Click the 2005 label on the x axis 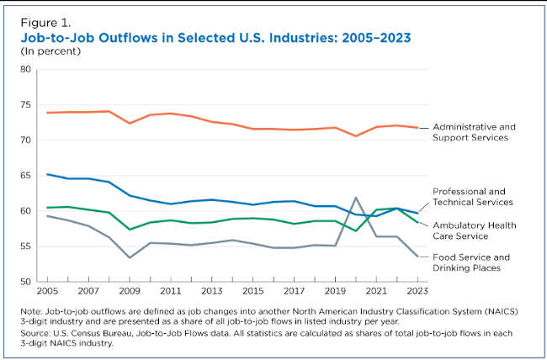pos(47,290)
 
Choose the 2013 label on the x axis pos(211,290)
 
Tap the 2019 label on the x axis pos(334,290)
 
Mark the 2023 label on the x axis pos(417,290)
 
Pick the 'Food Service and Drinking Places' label pos(478,262)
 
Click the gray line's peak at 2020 pos(355,198)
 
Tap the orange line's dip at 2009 pos(130,123)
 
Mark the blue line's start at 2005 pos(47,174)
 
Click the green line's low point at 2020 pos(355,230)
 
